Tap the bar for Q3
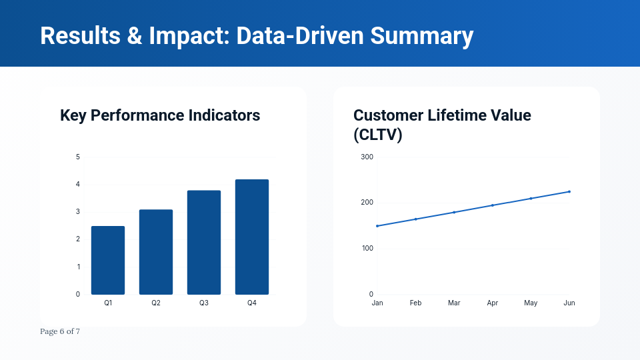click(204, 243)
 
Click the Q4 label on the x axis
click(252, 303)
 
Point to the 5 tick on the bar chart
click(78, 157)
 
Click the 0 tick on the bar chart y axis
click(78, 295)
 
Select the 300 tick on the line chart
click(367, 157)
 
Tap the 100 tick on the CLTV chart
click(367, 249)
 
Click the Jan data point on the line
click(377, 226)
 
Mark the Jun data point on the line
click(569, 191)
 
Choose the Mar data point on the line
click(454, 212)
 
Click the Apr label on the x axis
click(493, 303)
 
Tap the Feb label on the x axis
click(415, 303)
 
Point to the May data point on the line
click(531, 199)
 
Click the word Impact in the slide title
click(189, 35)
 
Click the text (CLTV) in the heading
click(378, 135)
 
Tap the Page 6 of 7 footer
click(60, 331)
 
